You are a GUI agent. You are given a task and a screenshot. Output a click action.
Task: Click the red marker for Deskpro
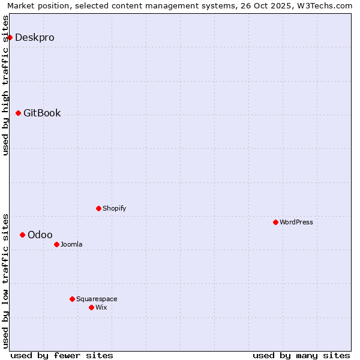pos(10,37)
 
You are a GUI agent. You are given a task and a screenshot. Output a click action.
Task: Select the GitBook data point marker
pos(18,113)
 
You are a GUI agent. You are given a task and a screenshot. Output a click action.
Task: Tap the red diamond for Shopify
pos(98,208)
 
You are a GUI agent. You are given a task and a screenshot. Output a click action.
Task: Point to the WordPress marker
pos(275,222)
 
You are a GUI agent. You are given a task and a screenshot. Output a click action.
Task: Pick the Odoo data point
pos(22,235)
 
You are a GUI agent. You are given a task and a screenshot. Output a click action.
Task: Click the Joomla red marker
pos(56,244)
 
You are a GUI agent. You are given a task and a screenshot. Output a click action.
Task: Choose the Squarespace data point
pos(72,299)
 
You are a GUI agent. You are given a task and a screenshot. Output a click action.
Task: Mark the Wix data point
pos(91,307)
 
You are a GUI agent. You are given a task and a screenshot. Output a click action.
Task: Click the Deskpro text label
pos(35,37)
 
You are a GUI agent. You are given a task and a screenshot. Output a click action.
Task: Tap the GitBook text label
pos(42,113)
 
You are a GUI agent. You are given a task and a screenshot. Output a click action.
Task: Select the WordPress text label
pos(296,222)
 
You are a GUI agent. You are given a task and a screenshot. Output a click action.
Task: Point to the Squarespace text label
pos(97,299)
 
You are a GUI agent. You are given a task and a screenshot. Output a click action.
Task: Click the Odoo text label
pos(40,235)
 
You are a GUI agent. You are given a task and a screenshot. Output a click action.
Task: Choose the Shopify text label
pos(114,208)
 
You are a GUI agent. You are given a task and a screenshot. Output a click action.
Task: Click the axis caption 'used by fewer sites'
pos(62,355)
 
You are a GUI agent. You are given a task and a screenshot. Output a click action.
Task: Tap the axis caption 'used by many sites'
pos(301,355)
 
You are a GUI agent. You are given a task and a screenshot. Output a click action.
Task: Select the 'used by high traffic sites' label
pos(5,85)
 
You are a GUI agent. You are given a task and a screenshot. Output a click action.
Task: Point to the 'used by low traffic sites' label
pos(5,281)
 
